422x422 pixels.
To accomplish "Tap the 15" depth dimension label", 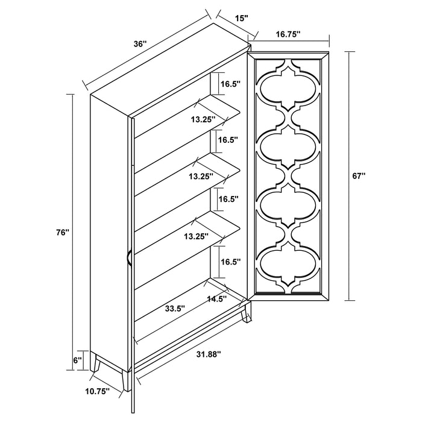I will click(241, 19).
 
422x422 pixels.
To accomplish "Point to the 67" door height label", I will click(359, 176).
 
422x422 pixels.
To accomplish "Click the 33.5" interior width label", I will click(175, 308).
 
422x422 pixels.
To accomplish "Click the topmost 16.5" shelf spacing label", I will click(229, 84).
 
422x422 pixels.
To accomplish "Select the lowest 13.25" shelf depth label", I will click(197, 237).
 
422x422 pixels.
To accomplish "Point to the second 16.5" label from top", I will click(229, 139).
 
